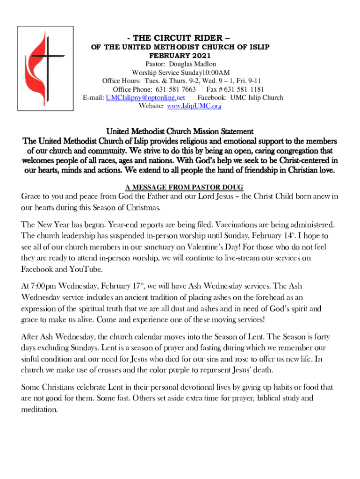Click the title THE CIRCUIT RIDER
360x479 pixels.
(x=180, y=38)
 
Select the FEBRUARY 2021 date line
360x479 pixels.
(x=180, y=55)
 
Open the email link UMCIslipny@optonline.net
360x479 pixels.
(x=145, y=97)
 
